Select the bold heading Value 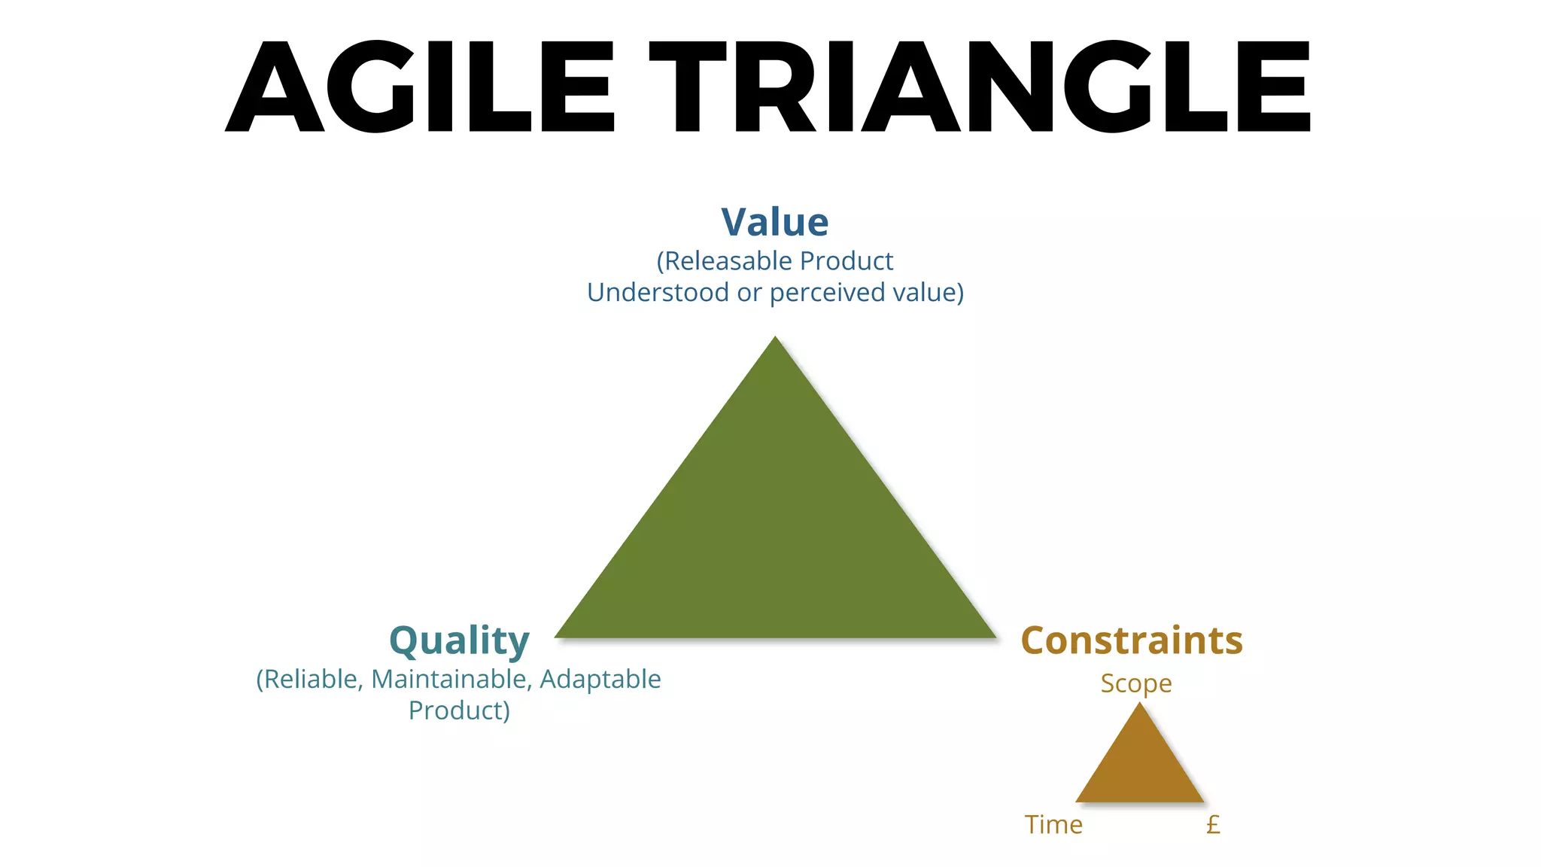click(x=774, y=222)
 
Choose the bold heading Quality click(x=459, y=640)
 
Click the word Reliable click(x=310, y=680)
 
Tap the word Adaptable click(x=600, y=680)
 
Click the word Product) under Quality click(x=459, y=710)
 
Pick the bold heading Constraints click(x=1131, y=640)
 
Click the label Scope click(x=1135, y=683)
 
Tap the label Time click(x=1053, y=825)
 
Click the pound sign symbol click(x=1213, y=825)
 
